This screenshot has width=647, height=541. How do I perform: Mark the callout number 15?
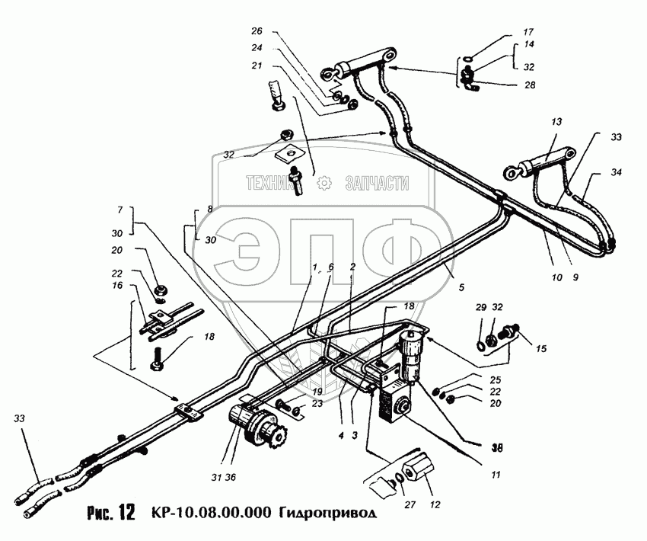coord(540,350)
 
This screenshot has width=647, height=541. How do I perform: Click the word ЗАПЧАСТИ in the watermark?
coord(377,183)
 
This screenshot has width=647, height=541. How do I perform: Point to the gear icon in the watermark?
coord(323,183)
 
